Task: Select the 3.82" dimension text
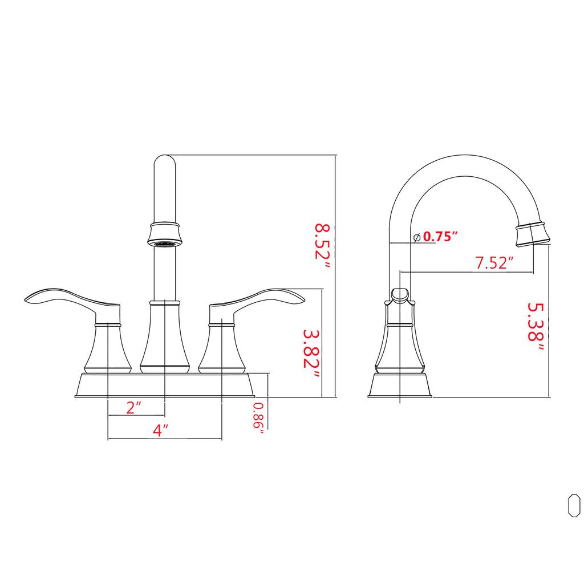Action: [311, 354]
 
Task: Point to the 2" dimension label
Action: [133, 407]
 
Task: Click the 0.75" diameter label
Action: [440, 236]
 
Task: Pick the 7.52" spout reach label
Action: [494, 262]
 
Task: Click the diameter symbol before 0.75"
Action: [417, 237]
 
